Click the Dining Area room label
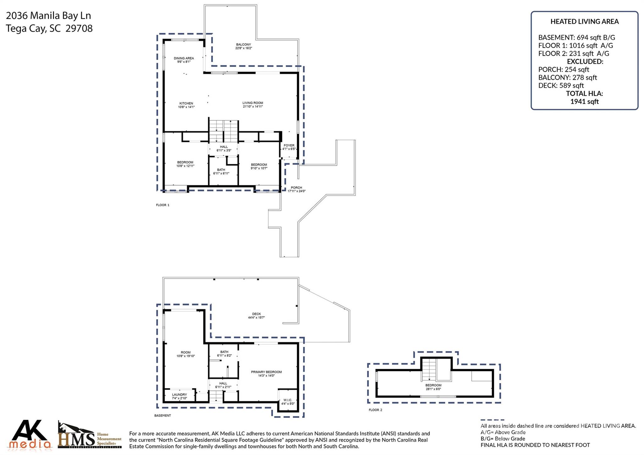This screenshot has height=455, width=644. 184,60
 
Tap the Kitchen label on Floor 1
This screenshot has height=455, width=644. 186,105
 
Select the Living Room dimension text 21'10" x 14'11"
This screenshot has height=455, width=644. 253,107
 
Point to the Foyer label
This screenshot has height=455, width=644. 289,147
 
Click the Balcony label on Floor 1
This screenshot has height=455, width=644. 243,46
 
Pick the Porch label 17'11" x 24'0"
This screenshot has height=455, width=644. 296,189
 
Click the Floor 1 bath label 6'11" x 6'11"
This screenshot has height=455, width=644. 221,171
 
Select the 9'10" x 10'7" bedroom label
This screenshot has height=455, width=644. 259,166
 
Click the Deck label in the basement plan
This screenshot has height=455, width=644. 256,315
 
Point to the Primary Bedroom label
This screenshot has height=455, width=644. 266,374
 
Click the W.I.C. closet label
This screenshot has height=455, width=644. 288,402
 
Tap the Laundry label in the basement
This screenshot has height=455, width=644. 180,396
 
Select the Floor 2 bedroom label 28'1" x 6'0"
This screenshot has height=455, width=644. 433,387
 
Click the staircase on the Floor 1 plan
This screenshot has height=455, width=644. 224,131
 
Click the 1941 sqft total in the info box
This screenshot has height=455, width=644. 584,102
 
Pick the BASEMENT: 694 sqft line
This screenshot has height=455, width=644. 576,37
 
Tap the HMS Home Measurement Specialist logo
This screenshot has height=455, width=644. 90,436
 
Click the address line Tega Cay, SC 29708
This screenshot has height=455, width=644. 49,29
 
